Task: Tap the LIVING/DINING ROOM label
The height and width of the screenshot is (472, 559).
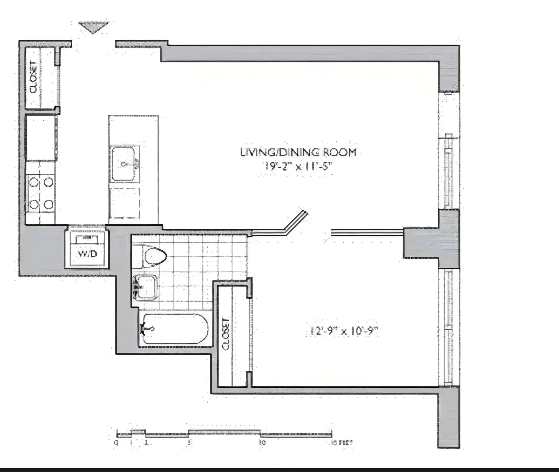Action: [x=298, y=153]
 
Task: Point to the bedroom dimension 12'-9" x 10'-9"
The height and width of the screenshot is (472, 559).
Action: [x=343, y=331]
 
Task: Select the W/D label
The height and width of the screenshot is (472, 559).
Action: [x=87, y=254]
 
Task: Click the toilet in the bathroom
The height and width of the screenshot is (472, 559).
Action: [x=154, y=256]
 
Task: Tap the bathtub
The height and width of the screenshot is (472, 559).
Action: [x=175, y=329]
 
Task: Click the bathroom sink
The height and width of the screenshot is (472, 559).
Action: [x=146, y=287]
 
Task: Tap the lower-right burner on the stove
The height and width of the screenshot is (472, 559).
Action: [x=49, y=204]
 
